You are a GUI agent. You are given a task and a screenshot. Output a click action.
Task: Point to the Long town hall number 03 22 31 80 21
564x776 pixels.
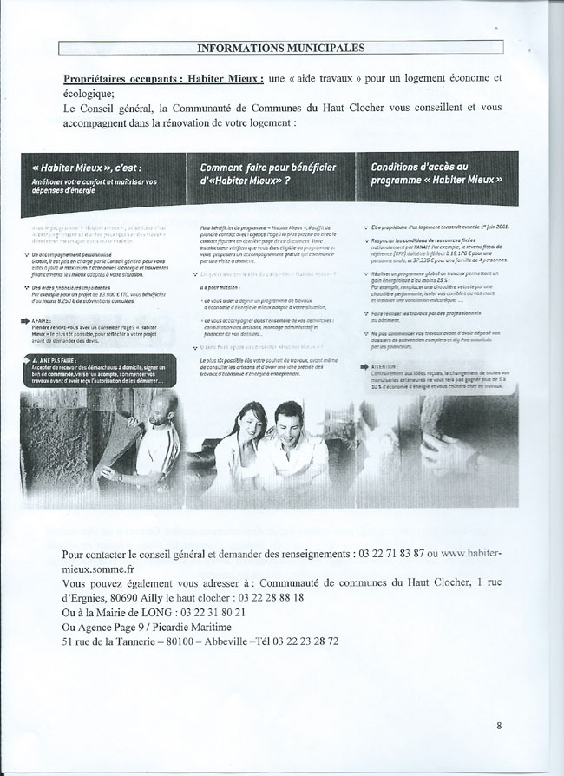(205, 612)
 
